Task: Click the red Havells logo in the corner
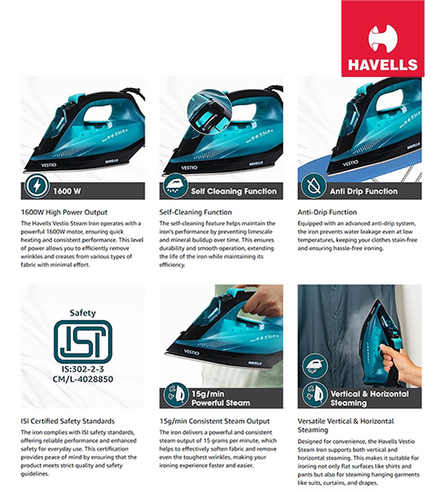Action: [x=382, y=38]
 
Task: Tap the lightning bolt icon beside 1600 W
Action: [x=37, y=186]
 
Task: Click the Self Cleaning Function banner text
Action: [x=234, y=191]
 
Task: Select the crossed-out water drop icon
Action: [x=314, y=186]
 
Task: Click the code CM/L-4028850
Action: [x=82, y=379]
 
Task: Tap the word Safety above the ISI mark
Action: [x=82, y=313]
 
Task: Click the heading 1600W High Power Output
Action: [x=64, y=212]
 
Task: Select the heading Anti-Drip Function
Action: [x=327, y=212]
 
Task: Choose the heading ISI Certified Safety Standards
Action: [x=68, y=421]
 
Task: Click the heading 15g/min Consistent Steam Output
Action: [x=215, y=421]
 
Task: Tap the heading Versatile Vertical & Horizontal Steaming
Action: [x=345, y=425]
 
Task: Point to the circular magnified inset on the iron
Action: [x=209, y=111]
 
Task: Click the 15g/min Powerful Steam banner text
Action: [x=220, y=399]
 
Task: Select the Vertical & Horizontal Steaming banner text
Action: [x=369, y=399]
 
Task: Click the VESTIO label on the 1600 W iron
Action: [x=49, y=165]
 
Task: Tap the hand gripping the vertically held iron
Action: [x=399, y=366]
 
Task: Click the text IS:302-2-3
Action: [x=82, y=369]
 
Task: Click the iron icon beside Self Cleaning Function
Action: [x=176, y=186]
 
